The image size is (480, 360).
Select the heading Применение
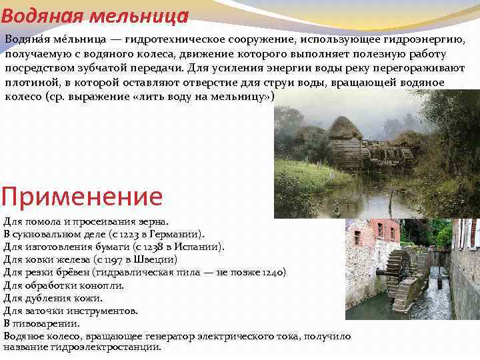[82, 197]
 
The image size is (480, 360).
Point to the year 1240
[271, 273]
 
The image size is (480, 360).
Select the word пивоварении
[46, 323]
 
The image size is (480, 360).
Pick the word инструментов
[102, 311]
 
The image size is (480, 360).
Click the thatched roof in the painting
[345, 127]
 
